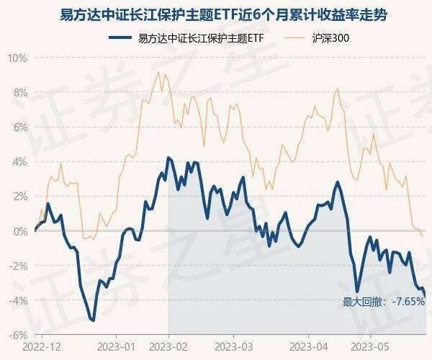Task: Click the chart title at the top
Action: point(216,15)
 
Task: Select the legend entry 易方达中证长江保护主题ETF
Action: point(191,37)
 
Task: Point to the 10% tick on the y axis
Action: point(17,58)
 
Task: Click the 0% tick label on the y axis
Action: point(19,230)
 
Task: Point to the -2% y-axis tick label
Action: point(18,265)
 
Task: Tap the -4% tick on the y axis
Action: point(18,300)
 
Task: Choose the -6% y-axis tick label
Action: point(18,334)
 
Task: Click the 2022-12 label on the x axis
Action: point(42,346)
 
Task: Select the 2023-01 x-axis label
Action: point(117,346)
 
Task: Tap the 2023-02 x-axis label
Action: point(169,346)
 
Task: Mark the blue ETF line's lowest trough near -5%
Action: point(93,320)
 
